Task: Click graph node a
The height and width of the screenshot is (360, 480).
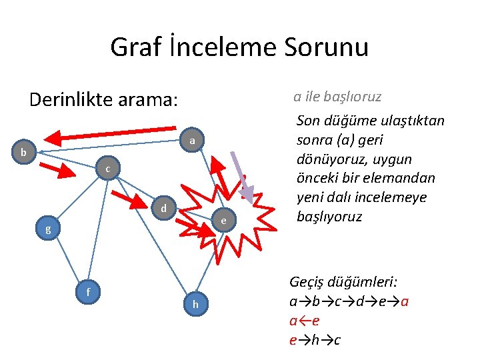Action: pyautogui.click(x=191, y=141)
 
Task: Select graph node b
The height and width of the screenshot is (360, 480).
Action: pyautogui.click(x=24, y=153)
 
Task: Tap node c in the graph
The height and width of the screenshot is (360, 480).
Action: pyautogui.click(x=107, y=170)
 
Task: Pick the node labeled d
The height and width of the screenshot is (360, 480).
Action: pyautogui.click(x=163, y=209)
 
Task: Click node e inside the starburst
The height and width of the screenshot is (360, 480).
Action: pyautogui.click(x=224, y=220)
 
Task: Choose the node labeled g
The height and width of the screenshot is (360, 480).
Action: pyautogui.click(x=47, y=229)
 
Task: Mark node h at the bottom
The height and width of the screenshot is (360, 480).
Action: pyautogui.click(x=195, y=304)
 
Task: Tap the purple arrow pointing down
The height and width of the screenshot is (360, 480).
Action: pyautogui.click(x=241, y=177)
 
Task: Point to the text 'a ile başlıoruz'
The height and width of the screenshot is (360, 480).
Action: pyautogui.click(x=337, y=97)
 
